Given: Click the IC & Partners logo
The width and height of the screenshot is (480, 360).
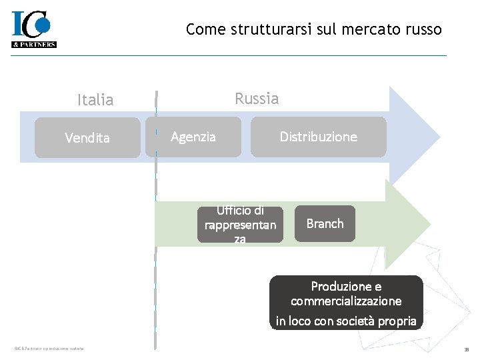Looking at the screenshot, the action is (33, 29).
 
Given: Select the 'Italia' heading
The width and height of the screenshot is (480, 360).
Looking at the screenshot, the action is (95, 100).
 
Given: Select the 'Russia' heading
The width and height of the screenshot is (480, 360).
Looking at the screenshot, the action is (257, 99).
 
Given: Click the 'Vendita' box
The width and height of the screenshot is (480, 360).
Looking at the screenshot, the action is (87, 138).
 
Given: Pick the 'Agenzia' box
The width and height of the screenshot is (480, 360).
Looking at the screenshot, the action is (193, 137).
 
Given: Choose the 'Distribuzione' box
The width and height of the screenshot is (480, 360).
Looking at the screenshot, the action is (318, 137).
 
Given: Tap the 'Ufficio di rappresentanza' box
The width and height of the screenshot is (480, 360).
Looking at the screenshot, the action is (240, 225).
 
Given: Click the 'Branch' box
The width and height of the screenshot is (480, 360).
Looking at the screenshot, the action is (325, 223).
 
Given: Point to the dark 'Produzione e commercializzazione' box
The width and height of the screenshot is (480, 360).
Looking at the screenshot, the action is (346, 303).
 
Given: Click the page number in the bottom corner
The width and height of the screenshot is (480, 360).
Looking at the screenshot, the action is (467, 349).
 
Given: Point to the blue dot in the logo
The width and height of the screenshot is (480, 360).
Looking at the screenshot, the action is (43, 24).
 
